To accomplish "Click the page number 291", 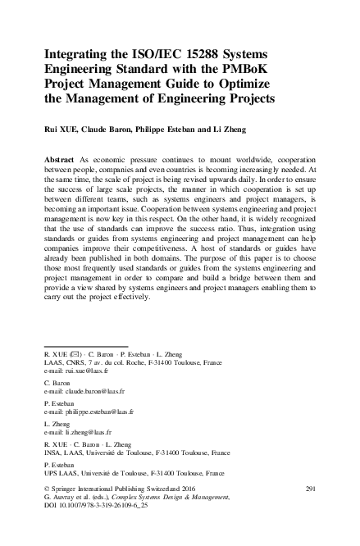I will point(310,489).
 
